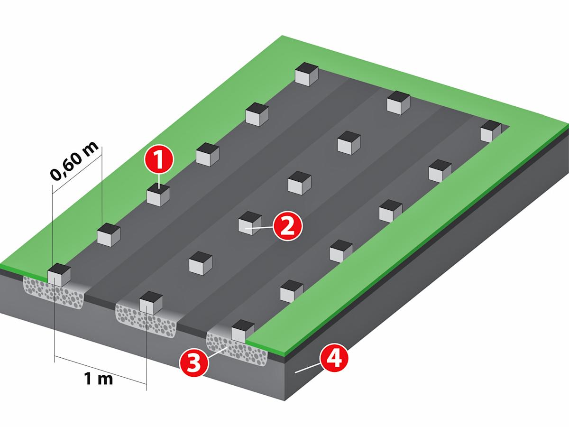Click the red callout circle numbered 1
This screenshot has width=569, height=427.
coord(159,159)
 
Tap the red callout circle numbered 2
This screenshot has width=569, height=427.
coord(288,226)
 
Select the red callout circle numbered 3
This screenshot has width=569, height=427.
coord(193,362)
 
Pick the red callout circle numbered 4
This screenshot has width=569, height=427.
coord(334,359)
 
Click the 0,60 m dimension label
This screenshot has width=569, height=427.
coord(74,161)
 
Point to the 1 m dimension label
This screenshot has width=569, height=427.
coord(99,379)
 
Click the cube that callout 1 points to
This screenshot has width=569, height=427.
coord(158,195)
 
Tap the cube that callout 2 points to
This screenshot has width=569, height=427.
coord(250,223)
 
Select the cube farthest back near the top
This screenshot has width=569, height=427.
coord(307,74)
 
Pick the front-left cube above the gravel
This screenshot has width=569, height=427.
coord(59,275)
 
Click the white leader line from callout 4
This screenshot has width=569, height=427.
coord(308,368)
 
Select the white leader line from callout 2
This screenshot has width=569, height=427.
coord(259,228)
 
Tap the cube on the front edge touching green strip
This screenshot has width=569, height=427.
coord(243,331)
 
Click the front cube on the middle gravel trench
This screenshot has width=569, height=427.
coord(151,303)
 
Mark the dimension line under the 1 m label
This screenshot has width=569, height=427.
coord(101,370)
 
